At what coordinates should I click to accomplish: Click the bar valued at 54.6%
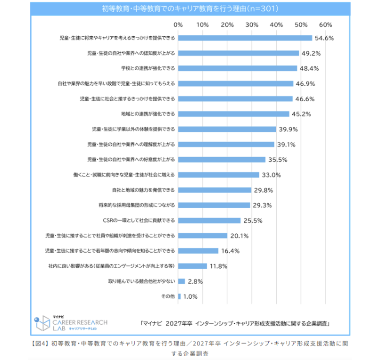[245, 38]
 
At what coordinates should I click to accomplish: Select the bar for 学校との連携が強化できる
[238, 68]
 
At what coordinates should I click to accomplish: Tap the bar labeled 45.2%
[234, 114]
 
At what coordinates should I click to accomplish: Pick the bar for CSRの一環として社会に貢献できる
[209, 221]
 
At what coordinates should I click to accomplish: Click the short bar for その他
[180, 296]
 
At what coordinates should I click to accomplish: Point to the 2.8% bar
[182, 281]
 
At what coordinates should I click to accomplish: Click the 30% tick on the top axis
[252, 24]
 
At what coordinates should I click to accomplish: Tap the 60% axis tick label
[325, 24]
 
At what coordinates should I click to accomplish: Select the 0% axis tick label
[178, 24]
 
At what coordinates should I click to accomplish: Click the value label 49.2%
[311, 53]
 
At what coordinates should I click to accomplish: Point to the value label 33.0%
[271, 175]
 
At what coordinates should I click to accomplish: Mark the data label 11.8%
[218, 266]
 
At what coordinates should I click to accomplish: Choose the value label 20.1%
[239, 236]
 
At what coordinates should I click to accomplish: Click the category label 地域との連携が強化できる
[148, 114]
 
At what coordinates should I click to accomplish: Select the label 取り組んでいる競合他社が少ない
[142, 281]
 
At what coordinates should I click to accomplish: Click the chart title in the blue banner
[190, 8]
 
